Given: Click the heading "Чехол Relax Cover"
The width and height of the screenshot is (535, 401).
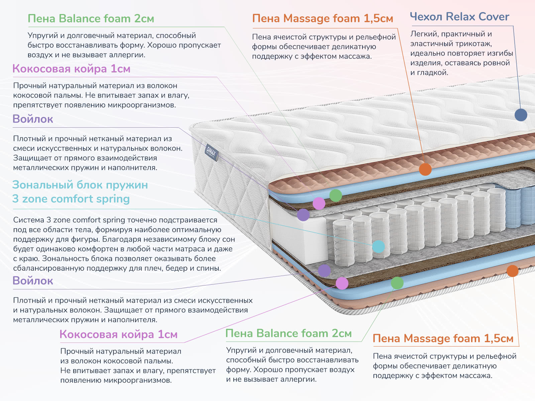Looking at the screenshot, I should point(459,17).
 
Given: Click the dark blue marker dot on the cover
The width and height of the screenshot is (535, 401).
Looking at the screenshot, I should point(521,115).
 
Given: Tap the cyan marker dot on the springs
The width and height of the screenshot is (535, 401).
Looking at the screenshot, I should point(378,247).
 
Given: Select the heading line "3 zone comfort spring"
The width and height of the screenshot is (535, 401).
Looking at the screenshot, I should point(71,199).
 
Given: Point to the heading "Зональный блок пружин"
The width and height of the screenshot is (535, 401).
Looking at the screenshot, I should point(80,185).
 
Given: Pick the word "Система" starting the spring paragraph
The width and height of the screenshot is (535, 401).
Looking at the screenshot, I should point(28,220).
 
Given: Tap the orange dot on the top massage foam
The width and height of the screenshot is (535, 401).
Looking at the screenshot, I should point(425,169).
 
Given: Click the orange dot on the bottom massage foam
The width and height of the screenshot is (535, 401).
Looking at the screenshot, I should point(512,271).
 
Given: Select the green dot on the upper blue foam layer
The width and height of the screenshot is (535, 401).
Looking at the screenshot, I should point(335,195).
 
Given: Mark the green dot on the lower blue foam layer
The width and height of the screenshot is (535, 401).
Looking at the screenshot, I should point(397,283).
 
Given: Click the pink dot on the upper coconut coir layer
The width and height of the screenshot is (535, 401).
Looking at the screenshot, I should point(319,203).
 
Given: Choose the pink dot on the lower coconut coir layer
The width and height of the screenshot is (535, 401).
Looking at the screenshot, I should point(342,283).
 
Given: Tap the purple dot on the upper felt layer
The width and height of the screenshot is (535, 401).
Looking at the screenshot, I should point(303,215).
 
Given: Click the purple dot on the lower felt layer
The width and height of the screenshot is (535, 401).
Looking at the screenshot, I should point(324,271).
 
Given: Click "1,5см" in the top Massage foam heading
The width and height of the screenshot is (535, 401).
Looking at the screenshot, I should point(378,19).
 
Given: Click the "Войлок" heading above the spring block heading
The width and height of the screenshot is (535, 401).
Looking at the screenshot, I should point(33,119).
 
